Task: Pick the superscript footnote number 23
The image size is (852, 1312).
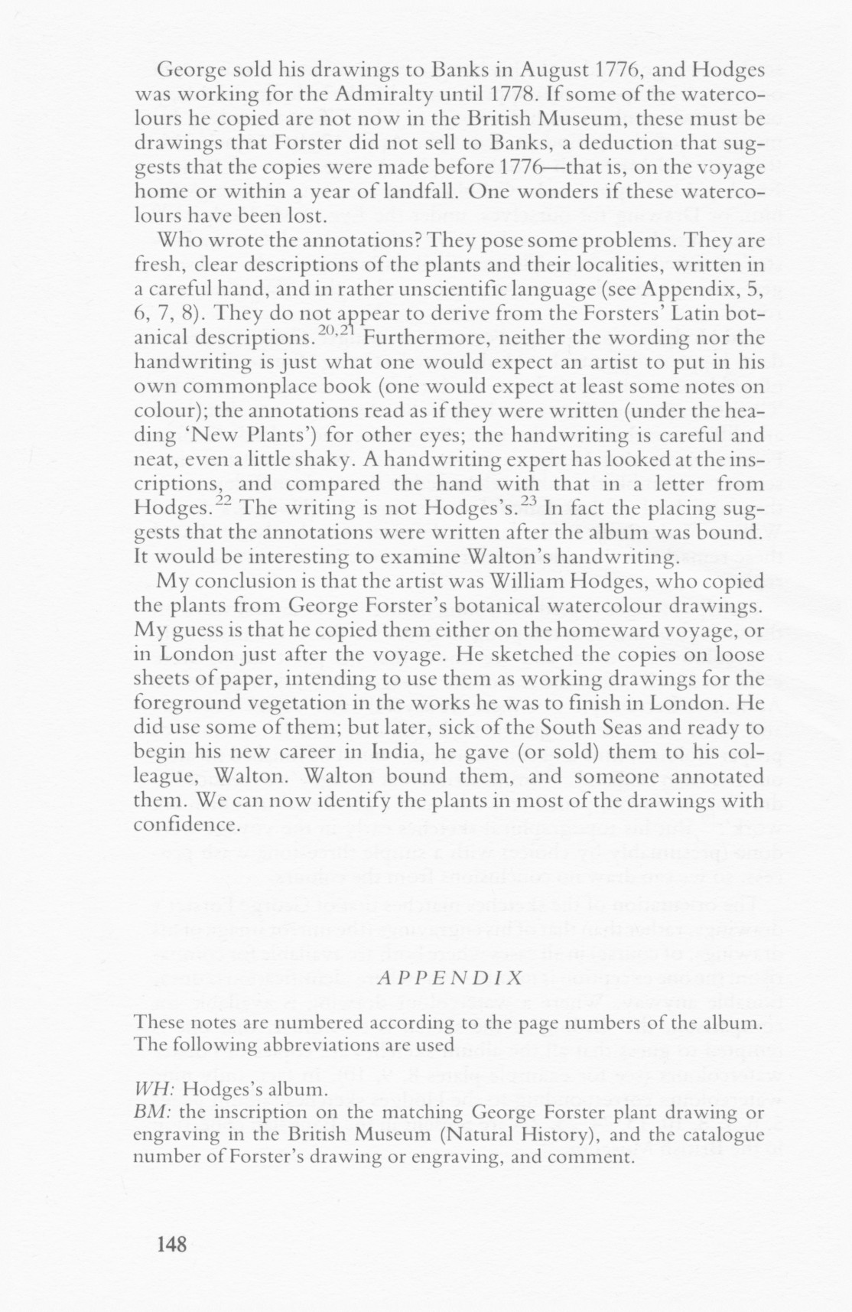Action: tap(528, 500)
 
